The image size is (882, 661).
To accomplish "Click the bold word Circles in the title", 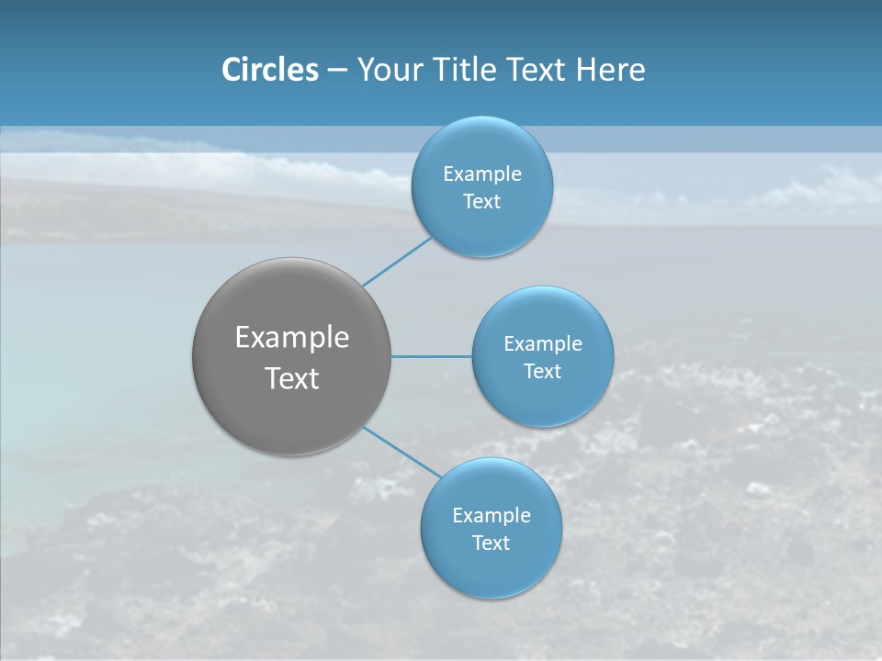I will pyautogui.click(x=270, y=70).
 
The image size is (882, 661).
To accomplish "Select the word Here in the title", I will pyautogui.click(x=610, y=70).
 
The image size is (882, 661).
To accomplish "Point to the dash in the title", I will pyautogui.click(x=337, y=71).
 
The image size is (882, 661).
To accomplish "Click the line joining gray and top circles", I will pyautogui.click(x=396, y=262).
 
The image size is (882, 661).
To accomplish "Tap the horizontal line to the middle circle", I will pyautogui.click(x=432, y=356).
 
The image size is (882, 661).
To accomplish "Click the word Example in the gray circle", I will pyautogui.click(x=292, y=338).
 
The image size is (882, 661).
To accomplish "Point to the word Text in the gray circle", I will pyautogui.click(x=292, y=378).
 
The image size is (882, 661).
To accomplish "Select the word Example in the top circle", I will pyautogui.click(x=482, y=174).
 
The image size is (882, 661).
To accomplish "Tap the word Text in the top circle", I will pyautogui.click(x=481, y=202).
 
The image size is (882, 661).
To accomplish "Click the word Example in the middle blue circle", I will pyautogui.click(x=543, y=344).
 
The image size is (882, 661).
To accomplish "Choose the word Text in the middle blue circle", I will pyautogui.click(x=543, y=372).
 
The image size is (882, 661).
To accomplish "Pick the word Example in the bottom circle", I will pyautogui.click(x=492, y=516).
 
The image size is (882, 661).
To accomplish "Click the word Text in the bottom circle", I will pyautogui.click(x=491, y=543).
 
